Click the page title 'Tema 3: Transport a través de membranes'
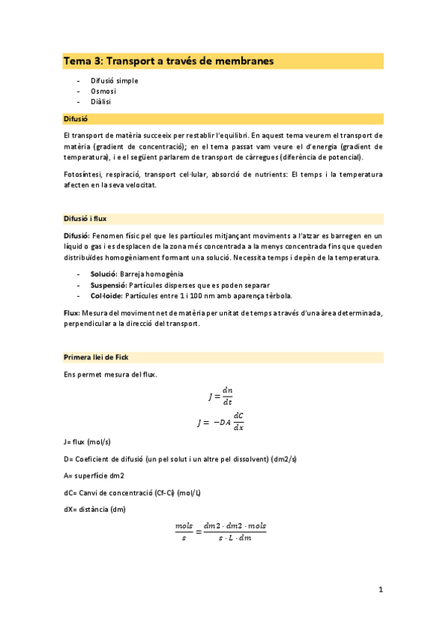(x=168, y=60)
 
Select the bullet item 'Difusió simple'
(x=114, y=80)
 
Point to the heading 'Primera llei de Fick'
(x=97, y=358)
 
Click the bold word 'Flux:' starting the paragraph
(x=72, y=313)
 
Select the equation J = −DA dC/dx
(x=221, y=422)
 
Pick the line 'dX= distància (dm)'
(x=95, y=509)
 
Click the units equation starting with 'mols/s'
(x=220, y=531)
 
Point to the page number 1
(x=380, y=590)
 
